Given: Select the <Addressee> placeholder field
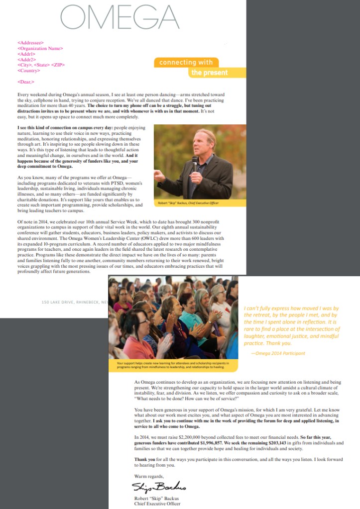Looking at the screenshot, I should tap(30, 43).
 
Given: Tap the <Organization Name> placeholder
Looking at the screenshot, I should tap(40, 49).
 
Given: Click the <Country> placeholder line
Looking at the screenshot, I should tap(29, 70).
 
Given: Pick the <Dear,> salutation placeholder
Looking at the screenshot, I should tap(26, 81).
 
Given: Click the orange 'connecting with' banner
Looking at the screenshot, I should tap(186, 63).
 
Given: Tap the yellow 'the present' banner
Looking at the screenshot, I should tap(209, 73).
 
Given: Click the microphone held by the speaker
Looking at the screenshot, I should tap(195, 161).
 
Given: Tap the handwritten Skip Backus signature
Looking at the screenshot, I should tap(158, 486).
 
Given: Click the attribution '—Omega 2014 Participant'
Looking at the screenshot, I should tap(278, 353).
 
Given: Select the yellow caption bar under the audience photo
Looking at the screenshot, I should tap(172, 366).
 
